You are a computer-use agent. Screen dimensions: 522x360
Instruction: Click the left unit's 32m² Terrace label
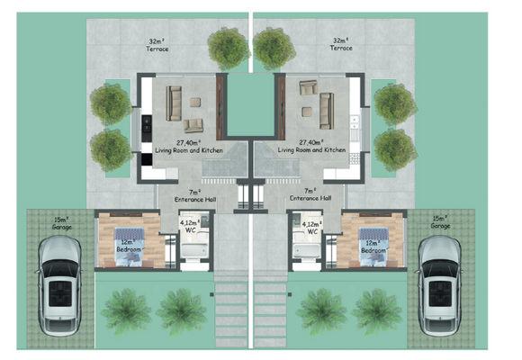point(157,45)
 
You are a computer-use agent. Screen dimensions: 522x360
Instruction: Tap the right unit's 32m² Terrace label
point(341,44)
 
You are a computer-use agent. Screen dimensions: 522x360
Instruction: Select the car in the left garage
point(59,285)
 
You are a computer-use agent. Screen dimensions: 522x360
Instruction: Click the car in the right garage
point(439,285)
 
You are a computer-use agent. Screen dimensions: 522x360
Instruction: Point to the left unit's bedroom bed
point(130,247)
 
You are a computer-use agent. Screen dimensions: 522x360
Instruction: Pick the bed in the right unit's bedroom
point(373,247)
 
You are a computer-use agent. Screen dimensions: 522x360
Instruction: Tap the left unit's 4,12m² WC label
point(190,226)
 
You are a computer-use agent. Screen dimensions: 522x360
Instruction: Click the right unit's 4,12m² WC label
point(312,228)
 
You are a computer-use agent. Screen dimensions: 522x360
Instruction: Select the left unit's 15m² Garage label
point(62,223)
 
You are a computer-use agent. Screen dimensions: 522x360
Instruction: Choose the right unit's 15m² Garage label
point(440,222)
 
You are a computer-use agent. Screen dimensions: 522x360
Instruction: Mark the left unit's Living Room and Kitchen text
point(189,150)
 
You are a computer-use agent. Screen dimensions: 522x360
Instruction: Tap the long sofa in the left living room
point(174,103)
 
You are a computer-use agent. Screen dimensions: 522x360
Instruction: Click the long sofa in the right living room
point(327,111)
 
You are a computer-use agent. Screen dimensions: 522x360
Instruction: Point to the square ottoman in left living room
point(195,103)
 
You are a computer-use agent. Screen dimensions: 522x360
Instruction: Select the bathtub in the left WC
point(194,250)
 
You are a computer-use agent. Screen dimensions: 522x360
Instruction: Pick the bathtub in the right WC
point(307,250)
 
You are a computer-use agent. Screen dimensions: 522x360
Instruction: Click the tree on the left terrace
point(229,49)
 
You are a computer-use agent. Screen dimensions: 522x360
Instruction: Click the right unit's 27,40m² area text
point(311,142)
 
